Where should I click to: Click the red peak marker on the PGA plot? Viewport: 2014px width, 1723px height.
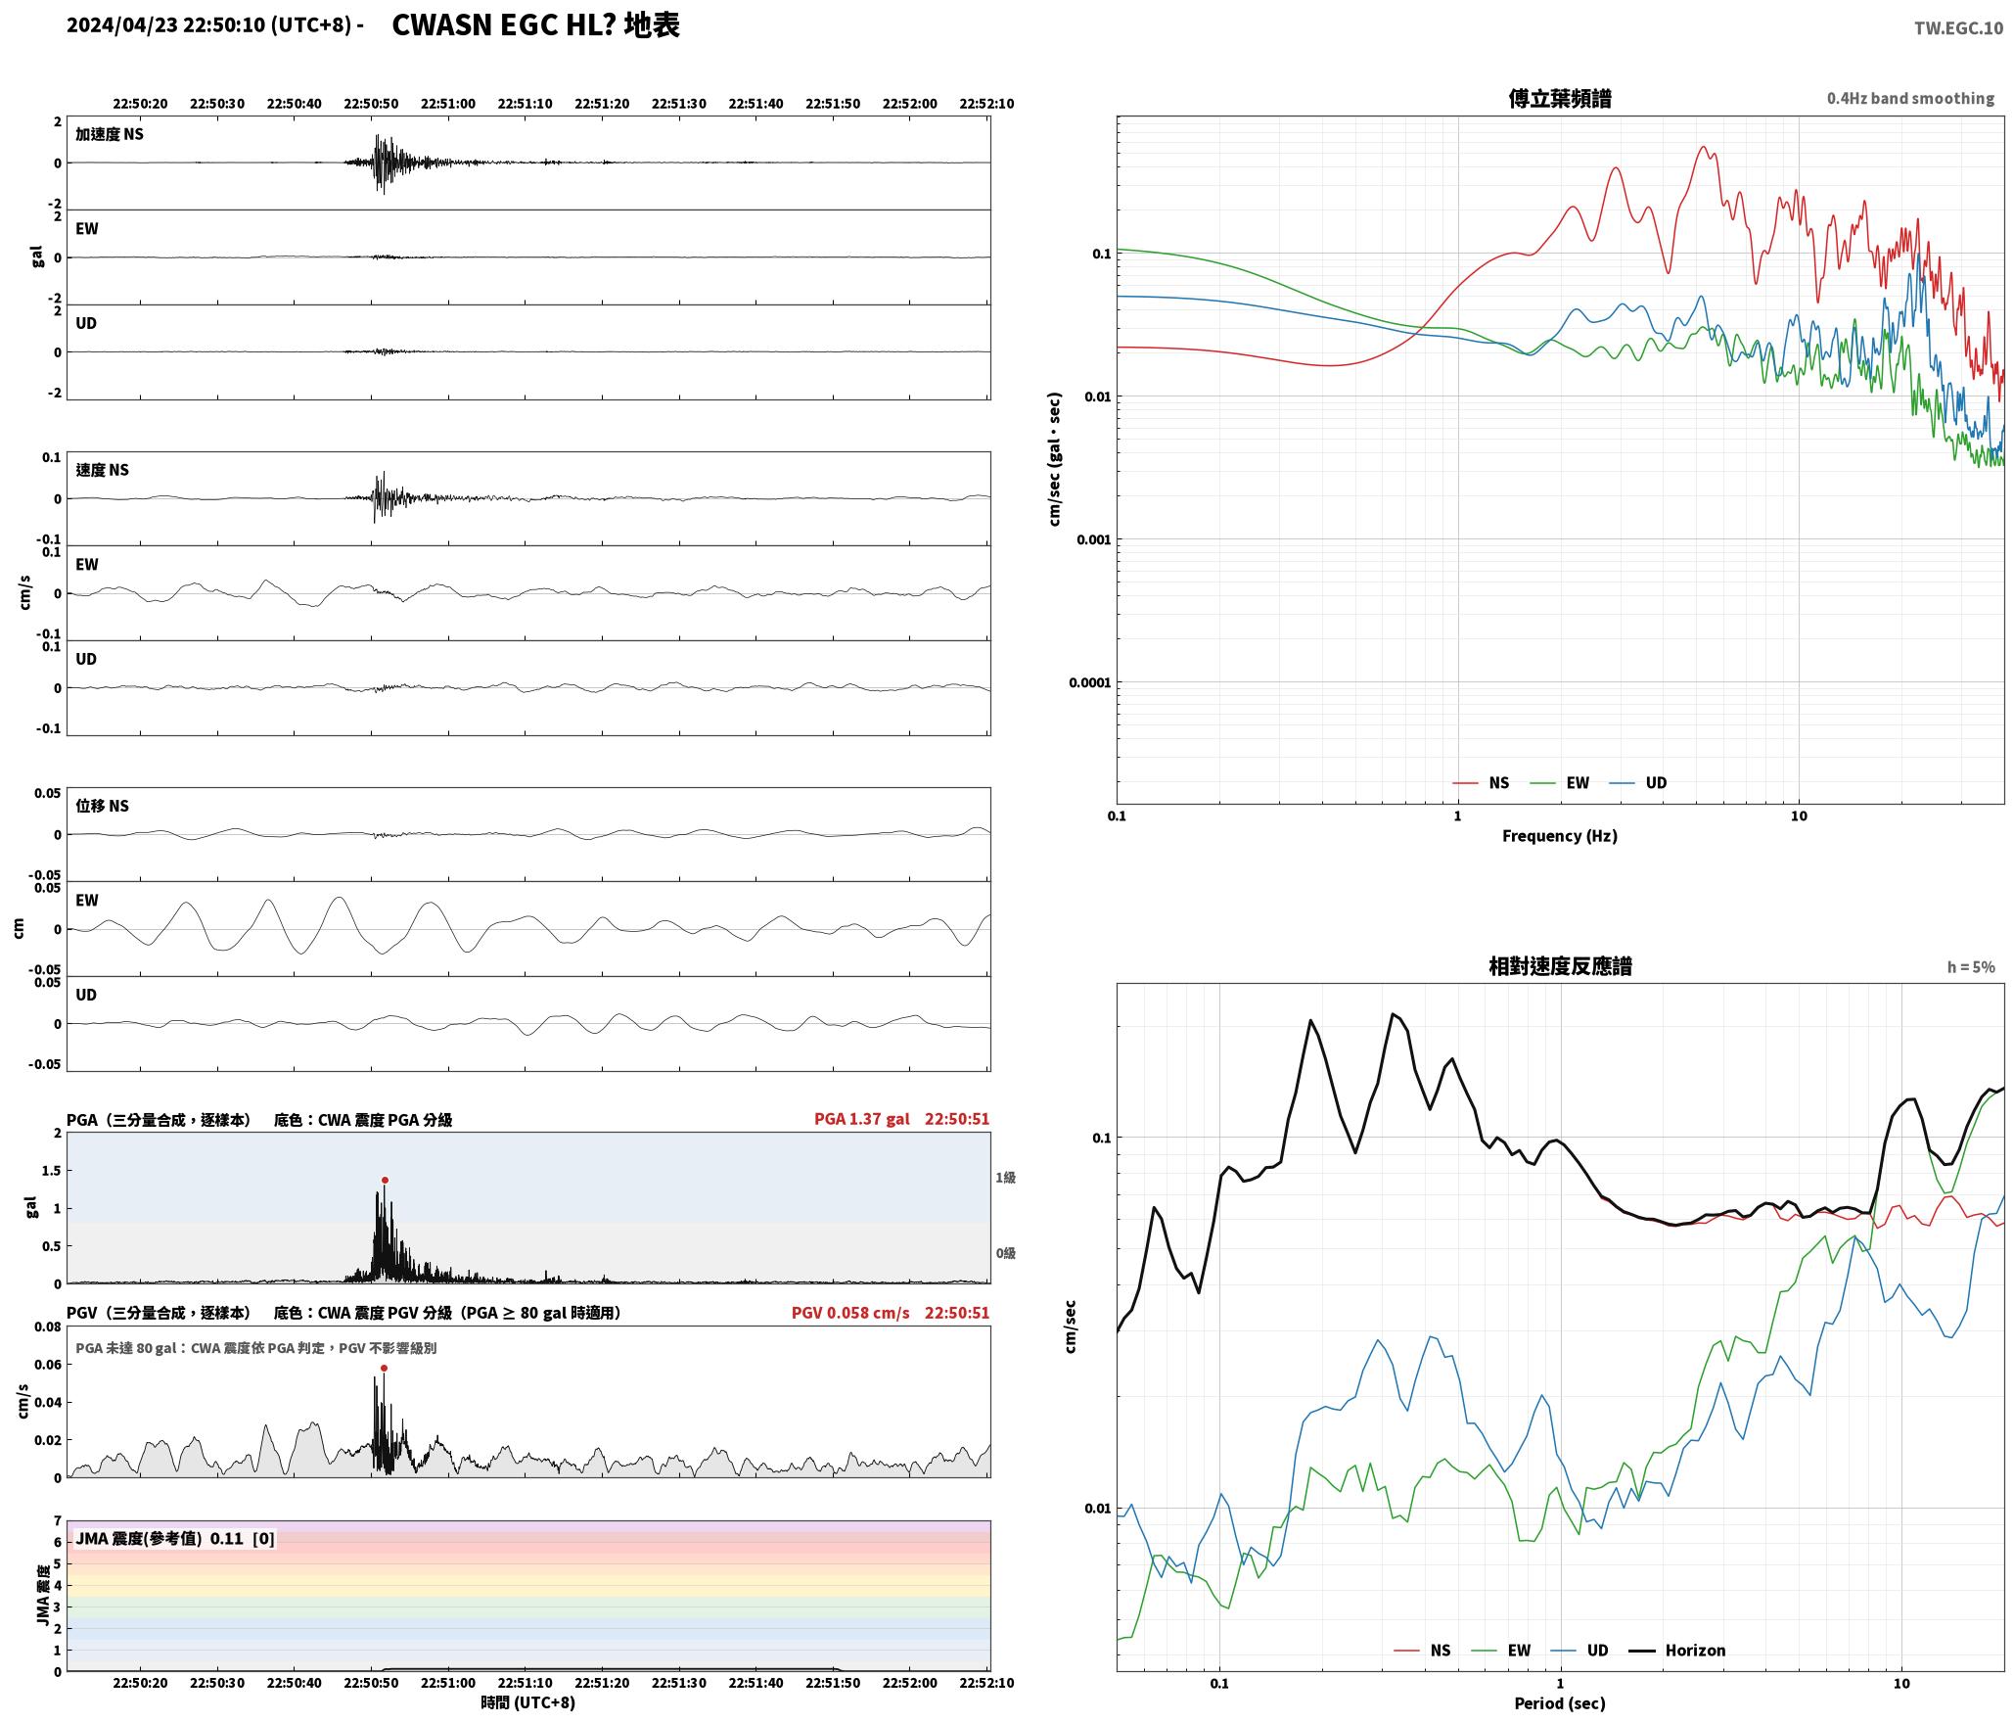[x=385, y=1180]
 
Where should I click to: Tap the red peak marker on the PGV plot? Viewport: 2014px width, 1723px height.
[x=384, y=1368]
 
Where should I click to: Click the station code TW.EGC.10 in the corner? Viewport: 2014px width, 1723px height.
[x=1958, y=28]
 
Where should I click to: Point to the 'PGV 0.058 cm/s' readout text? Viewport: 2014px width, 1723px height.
[x=850, y=1313]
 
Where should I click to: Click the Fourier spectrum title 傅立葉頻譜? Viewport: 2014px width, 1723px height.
[x=1560, y=98]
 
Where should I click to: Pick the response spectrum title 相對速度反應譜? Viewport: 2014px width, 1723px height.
[x=1560, y=966]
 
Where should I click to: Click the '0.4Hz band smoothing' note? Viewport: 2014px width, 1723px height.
[x=1910, y=99]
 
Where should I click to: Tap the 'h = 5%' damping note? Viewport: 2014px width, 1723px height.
[x=1970, y=967]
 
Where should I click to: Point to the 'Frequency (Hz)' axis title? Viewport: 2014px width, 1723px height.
[x=1560, y=836]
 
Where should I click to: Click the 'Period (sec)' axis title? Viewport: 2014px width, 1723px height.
[x=1560, y=1703]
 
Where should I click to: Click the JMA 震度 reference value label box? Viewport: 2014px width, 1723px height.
[x=175, y=1538]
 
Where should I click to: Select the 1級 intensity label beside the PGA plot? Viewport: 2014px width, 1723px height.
[x=1005, y=1178]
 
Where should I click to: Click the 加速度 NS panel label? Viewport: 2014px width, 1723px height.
[x=110, y=134]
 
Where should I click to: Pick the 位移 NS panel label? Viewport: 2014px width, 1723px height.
[x=103, y=806]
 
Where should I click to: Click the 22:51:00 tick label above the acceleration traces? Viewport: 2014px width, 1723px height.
[x=448, y=104]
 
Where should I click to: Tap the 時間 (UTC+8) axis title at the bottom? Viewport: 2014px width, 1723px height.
[x=528, y=1702]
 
